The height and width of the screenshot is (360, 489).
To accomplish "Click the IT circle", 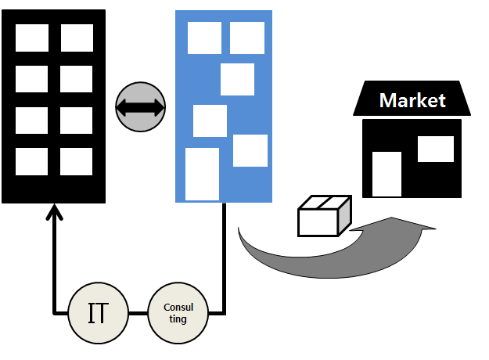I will [98, 314].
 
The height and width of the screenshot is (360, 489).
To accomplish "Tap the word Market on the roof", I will [412, 100].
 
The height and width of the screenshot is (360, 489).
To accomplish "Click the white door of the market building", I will [387, 174].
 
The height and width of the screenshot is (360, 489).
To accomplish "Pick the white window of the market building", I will [435, 149].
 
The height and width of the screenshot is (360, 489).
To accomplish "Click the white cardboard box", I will [323, 216].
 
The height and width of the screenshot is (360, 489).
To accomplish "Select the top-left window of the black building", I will [32, 38].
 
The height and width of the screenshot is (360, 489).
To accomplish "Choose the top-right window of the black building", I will [77, 38].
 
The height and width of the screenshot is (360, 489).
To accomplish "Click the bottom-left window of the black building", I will [32, 161].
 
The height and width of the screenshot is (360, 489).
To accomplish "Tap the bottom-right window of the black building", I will [77, 161].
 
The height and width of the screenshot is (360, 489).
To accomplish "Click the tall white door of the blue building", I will [202, 174].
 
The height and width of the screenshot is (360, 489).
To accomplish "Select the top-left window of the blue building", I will [205, 38].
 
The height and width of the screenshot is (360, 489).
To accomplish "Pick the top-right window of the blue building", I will [247, 38].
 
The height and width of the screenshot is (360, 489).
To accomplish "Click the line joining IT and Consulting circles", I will [138, 314].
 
